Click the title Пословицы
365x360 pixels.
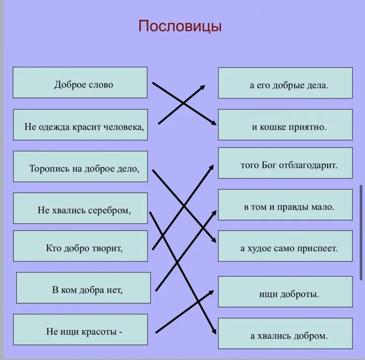point(180,26)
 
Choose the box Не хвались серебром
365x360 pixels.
point(80,209)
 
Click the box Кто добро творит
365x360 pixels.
point(80,246)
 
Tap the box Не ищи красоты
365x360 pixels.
point(80,330)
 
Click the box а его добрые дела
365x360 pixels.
point(285,83)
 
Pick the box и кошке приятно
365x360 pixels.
point(285,125)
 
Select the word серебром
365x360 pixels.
point(106,210)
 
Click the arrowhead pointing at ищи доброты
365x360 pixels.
point(212,291)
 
